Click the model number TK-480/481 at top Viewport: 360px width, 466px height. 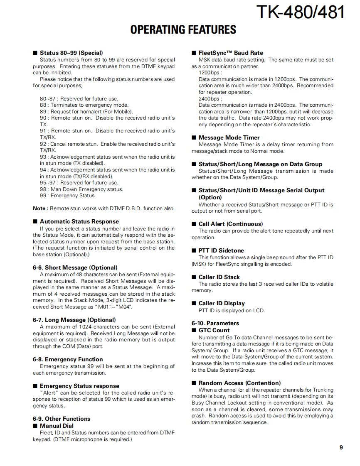point(301,12)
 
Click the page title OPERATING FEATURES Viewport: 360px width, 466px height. point(183,29)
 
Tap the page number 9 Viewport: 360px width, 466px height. point(341,447)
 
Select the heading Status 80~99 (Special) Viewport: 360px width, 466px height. point(71,53)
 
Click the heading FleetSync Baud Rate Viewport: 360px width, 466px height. point(230,53)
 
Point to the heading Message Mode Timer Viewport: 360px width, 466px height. point(229,137)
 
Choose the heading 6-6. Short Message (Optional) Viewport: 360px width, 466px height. point(75,267)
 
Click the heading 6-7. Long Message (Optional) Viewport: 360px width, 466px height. point(74,320)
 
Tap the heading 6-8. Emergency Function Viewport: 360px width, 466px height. point(68,359)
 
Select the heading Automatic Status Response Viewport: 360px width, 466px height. point(79,221)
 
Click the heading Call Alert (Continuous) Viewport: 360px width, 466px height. point(230,224)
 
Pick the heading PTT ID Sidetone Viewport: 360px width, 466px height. point(221,250)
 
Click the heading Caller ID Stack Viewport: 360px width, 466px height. point(219,277)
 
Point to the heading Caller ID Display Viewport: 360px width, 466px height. point(222,303)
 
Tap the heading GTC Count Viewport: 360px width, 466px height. point(214,330)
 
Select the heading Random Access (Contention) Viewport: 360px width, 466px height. point(239,383)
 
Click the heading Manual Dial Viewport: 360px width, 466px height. point(57,426)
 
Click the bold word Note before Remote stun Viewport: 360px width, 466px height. point(39,208)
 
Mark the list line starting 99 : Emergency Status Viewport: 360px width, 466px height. point(68,196)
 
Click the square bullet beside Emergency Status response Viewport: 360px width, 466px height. point(35,386)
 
